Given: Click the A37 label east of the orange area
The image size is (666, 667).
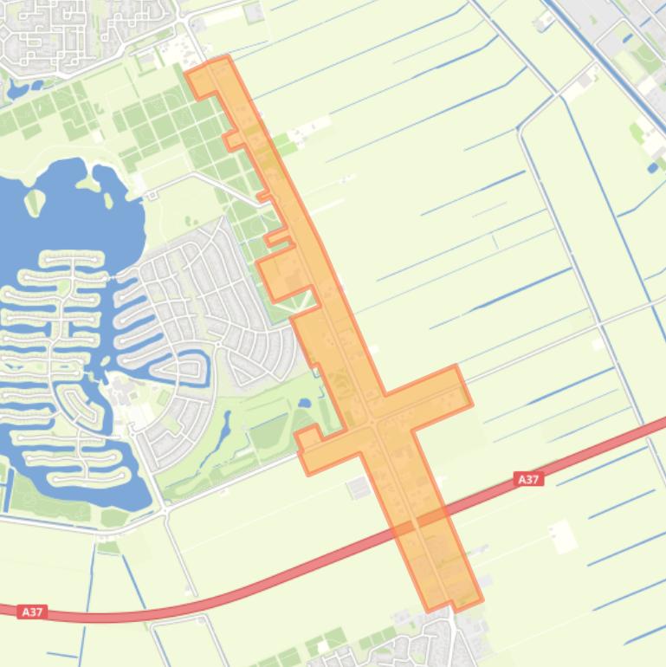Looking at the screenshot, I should pos(528,479).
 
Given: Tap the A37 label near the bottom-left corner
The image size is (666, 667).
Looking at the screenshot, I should pos(31,612).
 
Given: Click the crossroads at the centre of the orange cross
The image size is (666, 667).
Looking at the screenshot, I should pos(373,422).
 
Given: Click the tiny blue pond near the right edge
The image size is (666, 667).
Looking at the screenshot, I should pos(651,167).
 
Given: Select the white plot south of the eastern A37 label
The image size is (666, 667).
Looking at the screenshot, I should pos(563,535).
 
